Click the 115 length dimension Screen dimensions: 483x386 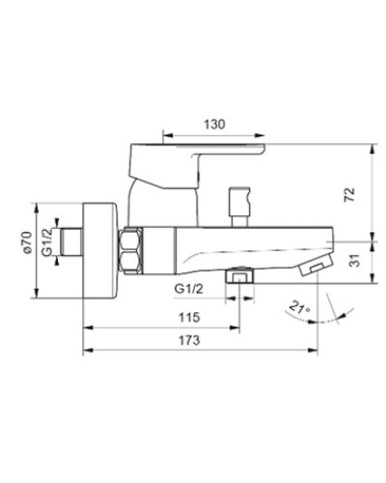[x=188, y=318]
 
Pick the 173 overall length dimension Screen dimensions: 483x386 [x=189, y=341]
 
